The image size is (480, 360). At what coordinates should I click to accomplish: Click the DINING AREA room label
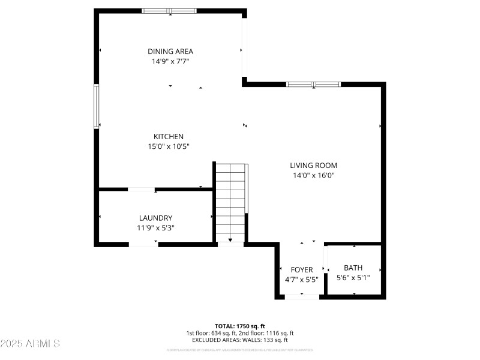click(x=170, y=51)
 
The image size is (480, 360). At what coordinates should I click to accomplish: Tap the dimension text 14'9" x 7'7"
click(x=170, y=61)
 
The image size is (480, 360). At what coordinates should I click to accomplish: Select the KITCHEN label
click(x=169, y=136)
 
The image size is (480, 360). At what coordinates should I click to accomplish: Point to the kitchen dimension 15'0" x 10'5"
click(x=169, y=146)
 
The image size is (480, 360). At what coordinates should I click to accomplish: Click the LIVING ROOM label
click(x=313, y=165)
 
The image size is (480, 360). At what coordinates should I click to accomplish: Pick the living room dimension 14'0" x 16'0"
click(x=313, y=175)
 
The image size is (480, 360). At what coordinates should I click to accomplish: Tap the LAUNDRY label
click(x=156, y=218)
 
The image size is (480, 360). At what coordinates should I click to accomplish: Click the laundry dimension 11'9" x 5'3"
click(x=156, y=228)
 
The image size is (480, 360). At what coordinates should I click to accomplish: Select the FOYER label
click(x=302, y=269)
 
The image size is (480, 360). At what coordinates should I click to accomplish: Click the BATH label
click(x=353, y=268)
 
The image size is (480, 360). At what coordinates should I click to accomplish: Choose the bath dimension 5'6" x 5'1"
click(x=353, y=278)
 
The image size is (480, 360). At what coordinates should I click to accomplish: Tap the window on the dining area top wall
click(x=169, y=11)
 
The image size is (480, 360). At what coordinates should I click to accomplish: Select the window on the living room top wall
click(x=313, y=85)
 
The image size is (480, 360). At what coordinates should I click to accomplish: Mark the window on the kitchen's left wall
click(x=96, y=106)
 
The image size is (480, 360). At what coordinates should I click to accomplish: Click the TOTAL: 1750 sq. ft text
click(x=240, y=326)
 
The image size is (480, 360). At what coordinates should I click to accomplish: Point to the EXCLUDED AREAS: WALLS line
click(x=240, y=340)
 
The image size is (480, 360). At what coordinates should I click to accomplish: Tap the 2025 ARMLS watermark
click(x=30, y=344)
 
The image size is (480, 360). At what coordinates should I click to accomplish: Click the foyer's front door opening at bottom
click(x=302, y=296)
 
